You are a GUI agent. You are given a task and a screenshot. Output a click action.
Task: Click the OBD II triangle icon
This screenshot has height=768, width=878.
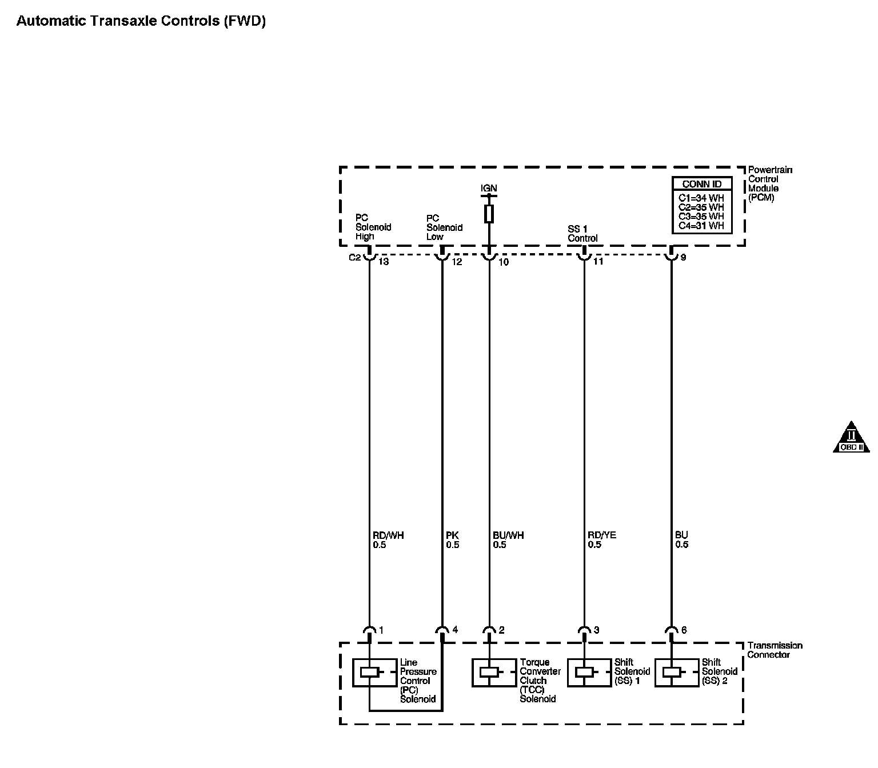pos(851,438)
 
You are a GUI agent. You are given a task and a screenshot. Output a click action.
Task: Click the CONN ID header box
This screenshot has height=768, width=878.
pos(702,184)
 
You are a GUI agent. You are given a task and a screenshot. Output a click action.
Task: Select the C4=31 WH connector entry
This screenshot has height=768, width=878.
pos(701,226)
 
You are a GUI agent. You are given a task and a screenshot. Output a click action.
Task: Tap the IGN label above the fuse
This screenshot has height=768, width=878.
pos(489,188)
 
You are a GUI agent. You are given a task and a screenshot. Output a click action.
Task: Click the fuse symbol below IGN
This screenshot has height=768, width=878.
pos(489,214)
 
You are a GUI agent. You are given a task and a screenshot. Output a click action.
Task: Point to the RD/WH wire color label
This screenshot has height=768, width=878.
pos(388,535)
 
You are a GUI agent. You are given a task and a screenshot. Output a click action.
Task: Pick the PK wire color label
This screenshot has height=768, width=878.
pos(452,535)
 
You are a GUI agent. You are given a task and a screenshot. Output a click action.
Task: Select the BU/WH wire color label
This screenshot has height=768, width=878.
pos(508,535)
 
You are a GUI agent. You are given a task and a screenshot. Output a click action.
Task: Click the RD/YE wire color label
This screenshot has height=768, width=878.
pos(602,535)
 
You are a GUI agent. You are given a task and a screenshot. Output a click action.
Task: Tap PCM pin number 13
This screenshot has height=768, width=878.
pos(384,262)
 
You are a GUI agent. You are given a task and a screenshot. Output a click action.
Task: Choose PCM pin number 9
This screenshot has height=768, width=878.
pos(683,258)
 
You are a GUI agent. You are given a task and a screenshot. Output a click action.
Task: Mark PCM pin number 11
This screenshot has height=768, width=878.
pos(598,262)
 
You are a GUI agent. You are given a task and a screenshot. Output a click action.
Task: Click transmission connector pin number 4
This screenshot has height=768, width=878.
pos(455,630)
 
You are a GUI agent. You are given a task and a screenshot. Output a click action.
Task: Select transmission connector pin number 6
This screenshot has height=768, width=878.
pos(684,630)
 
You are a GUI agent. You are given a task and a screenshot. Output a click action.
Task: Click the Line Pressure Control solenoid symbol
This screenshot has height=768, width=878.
pos(370,673)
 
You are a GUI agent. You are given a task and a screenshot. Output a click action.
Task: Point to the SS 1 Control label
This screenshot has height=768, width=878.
pos(582,234)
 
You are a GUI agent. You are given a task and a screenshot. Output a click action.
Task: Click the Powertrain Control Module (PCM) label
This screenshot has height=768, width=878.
pos(769,184)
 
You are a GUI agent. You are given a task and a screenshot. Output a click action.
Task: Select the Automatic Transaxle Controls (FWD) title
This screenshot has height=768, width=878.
pos(141,22)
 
